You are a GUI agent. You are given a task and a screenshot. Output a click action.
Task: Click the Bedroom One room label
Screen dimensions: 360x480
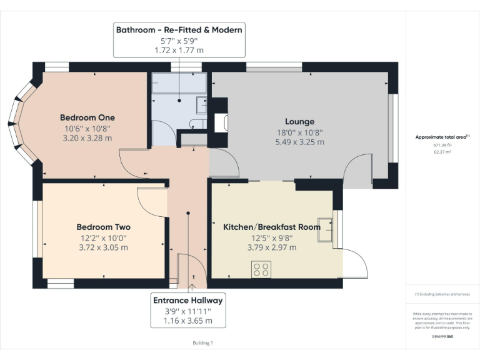[87, 117]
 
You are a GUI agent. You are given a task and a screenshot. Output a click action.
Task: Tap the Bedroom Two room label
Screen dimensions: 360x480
[103, 227]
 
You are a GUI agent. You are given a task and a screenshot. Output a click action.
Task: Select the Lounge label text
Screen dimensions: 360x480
[299, 121]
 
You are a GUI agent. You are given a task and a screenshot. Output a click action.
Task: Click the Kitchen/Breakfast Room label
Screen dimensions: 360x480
[272, 227]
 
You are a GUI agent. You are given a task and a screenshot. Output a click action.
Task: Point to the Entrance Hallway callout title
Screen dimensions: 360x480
[188, 301]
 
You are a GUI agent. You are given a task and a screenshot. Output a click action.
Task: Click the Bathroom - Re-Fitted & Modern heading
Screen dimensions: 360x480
[179, 29]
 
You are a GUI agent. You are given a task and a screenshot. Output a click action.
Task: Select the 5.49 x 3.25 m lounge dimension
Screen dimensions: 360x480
[299, 142]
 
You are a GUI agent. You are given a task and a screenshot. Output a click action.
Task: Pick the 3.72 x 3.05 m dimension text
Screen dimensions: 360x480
[103, 247]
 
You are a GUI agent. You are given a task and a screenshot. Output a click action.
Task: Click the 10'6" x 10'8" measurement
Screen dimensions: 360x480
[87, 128]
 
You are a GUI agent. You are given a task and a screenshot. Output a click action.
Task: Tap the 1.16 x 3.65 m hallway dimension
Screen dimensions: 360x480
[188, 321]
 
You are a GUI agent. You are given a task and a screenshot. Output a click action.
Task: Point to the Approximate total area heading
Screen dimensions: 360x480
[442, 137]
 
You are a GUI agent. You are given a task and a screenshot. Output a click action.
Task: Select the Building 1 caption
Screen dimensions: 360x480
[202, 342]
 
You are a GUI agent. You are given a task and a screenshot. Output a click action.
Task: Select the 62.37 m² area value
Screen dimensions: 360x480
[442, 151]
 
